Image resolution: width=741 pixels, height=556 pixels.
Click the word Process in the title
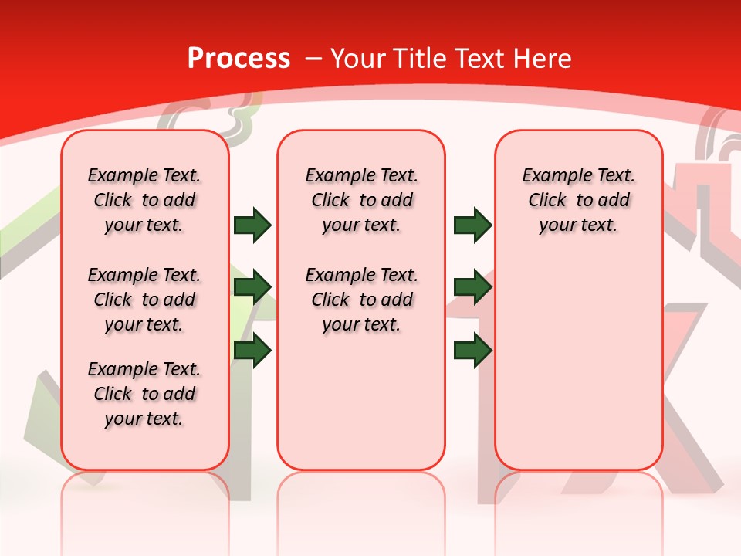coord(239,59)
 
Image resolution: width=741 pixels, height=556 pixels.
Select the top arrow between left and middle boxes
coord(252,225)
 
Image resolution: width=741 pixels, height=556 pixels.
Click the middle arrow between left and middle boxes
coord(252,288)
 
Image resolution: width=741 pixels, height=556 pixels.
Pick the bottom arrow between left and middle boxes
coord(252,351)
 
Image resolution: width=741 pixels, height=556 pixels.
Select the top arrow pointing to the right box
coord(472,225)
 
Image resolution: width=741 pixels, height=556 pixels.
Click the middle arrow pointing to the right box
coord(472,288)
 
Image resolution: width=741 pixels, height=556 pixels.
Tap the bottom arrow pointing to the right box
coord(472,351)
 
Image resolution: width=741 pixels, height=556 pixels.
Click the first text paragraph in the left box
coord(144,200)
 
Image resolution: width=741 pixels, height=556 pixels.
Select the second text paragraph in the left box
coord(144,300)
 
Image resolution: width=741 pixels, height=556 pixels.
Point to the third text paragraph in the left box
coord(144,394)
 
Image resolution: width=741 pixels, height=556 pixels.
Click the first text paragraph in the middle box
coord(362,200)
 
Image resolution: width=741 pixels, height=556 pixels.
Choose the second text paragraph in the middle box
coord(362,300)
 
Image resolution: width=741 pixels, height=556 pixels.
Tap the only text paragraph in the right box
coord(579,200)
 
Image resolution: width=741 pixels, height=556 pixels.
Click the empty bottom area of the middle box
coord(362,409)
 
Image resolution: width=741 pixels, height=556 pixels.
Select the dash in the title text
coord(313,59)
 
